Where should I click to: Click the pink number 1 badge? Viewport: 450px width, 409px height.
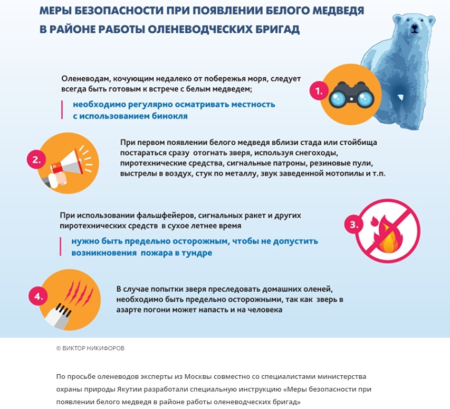pyautogui.click(x=319, y=91)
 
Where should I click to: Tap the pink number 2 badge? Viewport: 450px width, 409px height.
pyautogui.click(x=36, y=160)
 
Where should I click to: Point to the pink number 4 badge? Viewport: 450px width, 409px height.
pyautogui.click(x=38, y=296)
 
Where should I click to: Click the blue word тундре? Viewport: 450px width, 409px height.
pyautogui.click(x=195, y=253)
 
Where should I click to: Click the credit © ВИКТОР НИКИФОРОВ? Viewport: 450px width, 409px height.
pyautogui.click(x=90, y=348)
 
